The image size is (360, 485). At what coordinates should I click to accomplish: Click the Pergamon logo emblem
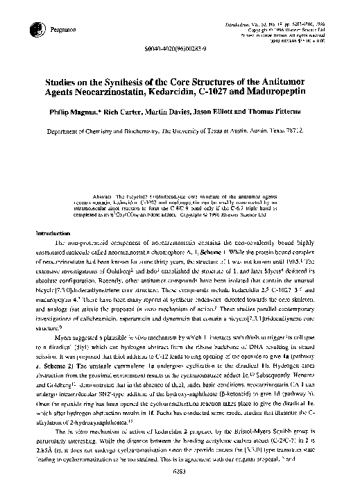tap(35, 28)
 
